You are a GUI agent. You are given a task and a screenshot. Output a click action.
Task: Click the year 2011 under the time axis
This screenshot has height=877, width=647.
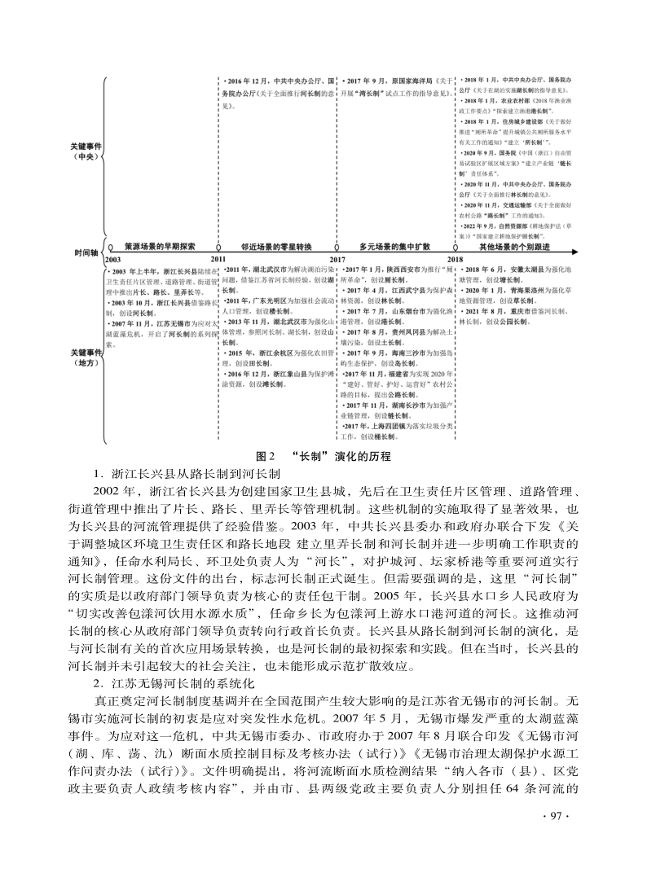pos(219,259)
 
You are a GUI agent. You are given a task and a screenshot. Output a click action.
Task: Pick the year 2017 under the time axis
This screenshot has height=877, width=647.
pos(337,259)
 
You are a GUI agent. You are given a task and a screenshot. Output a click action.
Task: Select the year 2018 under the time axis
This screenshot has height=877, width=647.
pos(455,259)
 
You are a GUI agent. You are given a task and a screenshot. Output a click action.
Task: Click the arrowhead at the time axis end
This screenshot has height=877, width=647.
pos(574,251)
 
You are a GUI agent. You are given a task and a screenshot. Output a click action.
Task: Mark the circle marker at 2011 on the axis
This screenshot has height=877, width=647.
pos(218,251)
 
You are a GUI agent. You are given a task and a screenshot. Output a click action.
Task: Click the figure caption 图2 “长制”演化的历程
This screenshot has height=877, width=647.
pos(323,455)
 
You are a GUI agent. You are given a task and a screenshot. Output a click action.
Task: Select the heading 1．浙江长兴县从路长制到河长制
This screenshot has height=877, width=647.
pos(187,472)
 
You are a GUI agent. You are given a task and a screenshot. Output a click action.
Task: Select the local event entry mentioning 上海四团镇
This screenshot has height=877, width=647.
pos(394,432)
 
